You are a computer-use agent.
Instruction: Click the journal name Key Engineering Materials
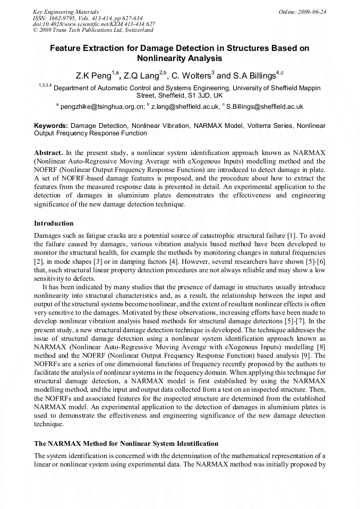click(x=65, y=12)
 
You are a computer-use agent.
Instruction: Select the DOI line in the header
click(x=94, y=24)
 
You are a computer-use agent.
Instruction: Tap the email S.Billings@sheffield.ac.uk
click(x=264, y=107)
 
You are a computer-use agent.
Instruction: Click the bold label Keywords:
click(x=50, y=126)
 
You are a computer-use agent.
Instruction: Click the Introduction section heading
click(x=54, y=223)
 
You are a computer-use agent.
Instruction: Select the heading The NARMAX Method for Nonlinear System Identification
click(x=126, y=443)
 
